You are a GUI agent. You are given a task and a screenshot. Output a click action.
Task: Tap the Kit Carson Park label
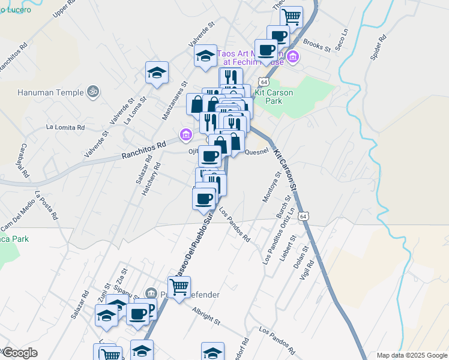(277, 97)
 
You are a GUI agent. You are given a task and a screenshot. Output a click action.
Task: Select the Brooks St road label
(317, 44)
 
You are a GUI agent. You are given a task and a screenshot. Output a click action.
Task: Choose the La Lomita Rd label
(65, 127)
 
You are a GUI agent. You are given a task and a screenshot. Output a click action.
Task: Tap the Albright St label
(206, 317)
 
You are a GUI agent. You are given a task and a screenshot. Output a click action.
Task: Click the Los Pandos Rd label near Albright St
(277, 339)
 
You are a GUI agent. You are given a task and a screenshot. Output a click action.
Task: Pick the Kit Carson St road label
(285, 171)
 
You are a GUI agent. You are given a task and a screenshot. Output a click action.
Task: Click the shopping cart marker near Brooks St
(291, 16)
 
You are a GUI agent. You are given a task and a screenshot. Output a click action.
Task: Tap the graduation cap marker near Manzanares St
(157, 73)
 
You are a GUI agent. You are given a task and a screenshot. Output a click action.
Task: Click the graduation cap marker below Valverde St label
(205, 56)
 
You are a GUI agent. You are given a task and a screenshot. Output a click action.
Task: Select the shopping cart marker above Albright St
(179, 287)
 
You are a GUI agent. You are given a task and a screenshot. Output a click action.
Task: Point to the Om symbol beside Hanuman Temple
(92, 92)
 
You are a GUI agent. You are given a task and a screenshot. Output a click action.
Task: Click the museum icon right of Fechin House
(293, 58)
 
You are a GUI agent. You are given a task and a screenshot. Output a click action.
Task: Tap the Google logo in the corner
(19, 353)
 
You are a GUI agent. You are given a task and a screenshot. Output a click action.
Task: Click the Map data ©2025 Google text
(411, 355)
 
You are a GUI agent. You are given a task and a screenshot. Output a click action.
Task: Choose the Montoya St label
(272, 187)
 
